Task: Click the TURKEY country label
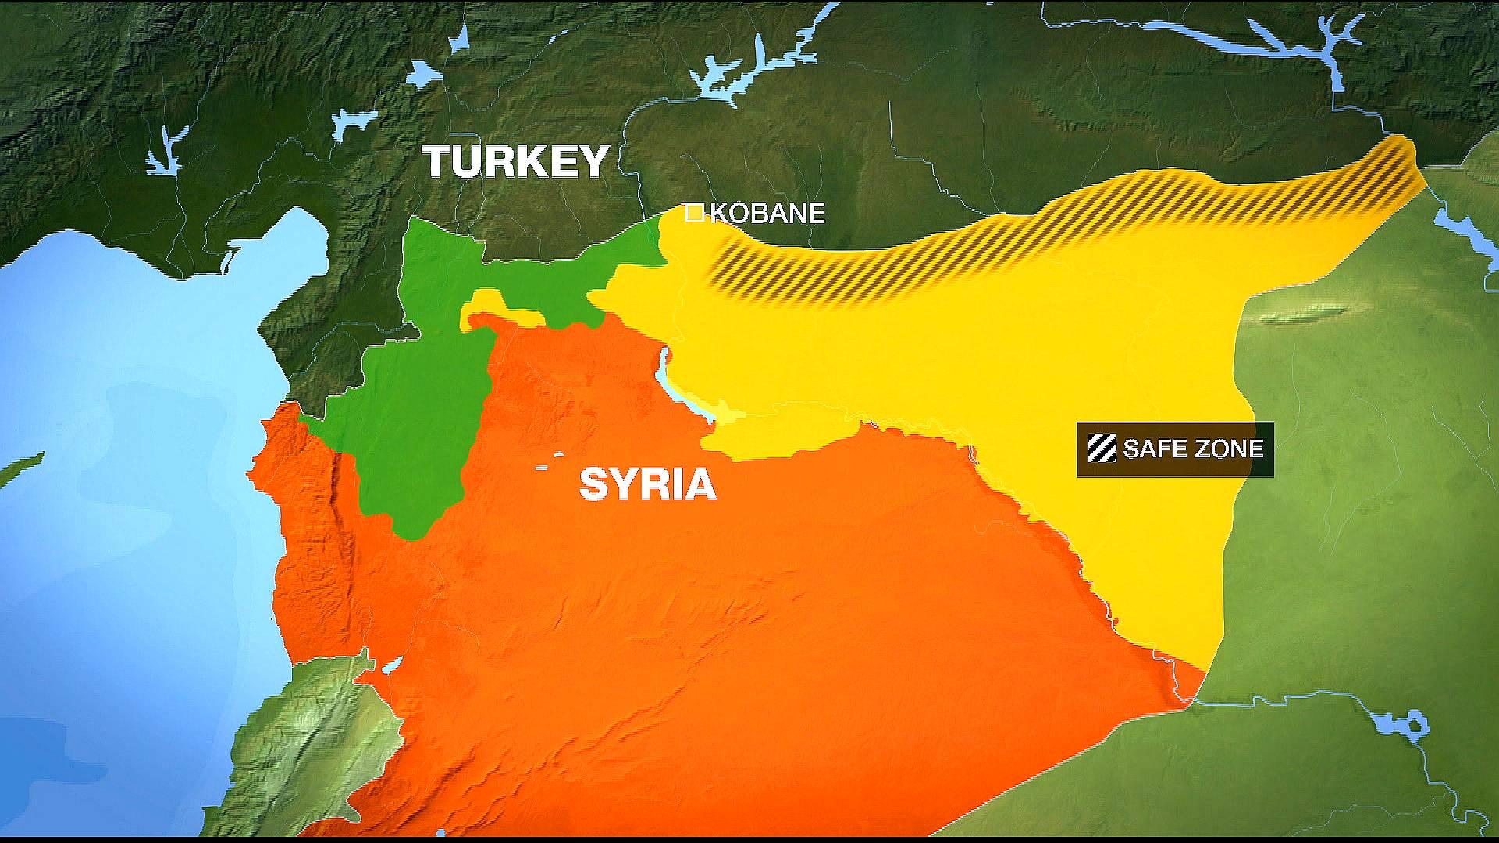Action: [515, 162]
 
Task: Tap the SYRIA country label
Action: [647, 485]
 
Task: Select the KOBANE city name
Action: [767, 213]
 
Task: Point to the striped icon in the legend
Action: [1102, 449]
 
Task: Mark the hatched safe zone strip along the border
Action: [1015, 234]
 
